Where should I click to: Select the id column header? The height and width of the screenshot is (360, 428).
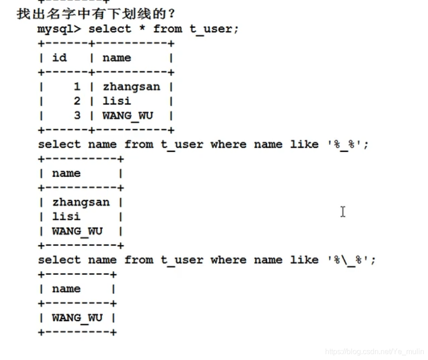tap(59, 58)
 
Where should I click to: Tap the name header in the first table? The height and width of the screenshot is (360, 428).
tap(116, 58)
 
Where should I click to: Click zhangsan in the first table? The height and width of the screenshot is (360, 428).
tap(131, 87)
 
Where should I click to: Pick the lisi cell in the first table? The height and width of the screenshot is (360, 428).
tap(116, 101)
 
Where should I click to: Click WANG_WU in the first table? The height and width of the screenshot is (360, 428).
tap(128, 115)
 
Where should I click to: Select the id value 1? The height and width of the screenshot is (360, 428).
tap(77, 87)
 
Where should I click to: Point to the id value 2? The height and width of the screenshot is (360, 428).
tap(77, 101)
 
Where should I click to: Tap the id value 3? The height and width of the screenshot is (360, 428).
tap(77, 115)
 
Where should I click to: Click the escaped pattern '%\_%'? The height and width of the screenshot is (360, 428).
tap(348, 260)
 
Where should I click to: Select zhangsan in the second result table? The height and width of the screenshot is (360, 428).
tap(81, 202)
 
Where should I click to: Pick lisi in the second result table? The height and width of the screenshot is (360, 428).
tap(66, 217)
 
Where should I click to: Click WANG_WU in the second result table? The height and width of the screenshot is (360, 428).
tap(77, 231)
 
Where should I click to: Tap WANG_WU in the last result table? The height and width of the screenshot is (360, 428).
tap(77, 318)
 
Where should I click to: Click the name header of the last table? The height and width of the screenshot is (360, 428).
tap(66, 289)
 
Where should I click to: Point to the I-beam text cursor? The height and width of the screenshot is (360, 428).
tap(343, 212)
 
